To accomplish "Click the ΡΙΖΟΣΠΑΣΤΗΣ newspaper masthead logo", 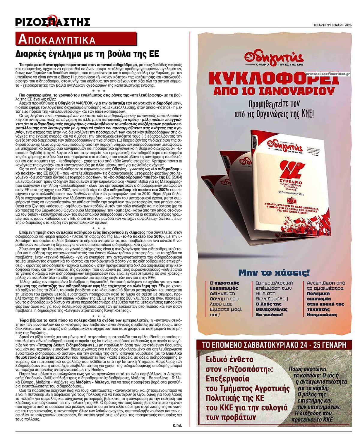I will click(53, 22).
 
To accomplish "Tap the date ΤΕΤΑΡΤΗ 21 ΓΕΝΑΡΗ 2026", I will click(331, 25).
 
